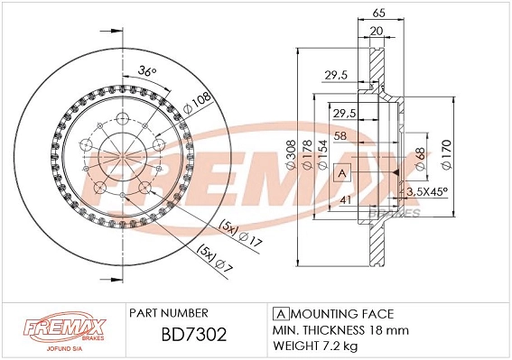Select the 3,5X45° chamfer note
pyautogui.click(x=426, y=191)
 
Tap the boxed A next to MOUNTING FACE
pyautogui.click(x=278, y=313)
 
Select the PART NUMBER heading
pyautogui.click(x=170, y=312)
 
